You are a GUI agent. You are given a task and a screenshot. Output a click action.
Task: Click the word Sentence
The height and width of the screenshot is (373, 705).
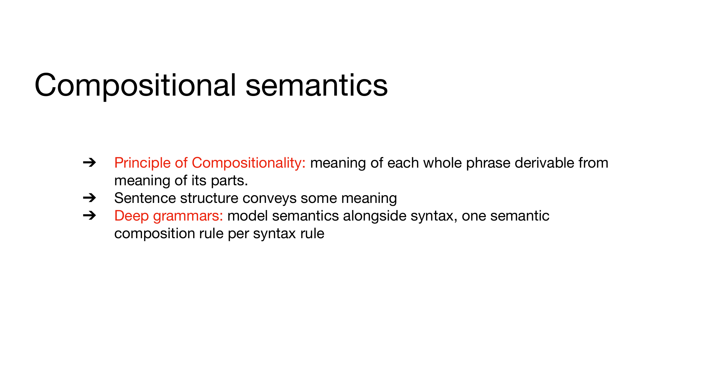[x=145, y=198]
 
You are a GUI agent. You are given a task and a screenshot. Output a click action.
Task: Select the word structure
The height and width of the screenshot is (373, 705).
[x=209, y=198]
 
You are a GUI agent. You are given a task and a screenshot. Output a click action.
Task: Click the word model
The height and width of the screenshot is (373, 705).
[x=247, y=216]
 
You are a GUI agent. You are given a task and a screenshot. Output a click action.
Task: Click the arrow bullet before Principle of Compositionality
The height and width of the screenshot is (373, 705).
[x=90, y=163]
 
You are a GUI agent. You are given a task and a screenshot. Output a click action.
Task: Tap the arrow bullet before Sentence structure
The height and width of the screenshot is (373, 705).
[x=90, y=198]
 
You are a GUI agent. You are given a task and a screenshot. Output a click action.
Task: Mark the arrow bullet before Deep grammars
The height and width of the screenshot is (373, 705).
[x=90, y=216]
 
